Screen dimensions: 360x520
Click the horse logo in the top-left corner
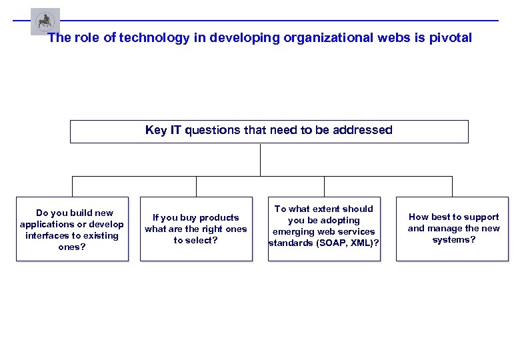[45, 21]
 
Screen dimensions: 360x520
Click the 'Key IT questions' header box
[269, 131]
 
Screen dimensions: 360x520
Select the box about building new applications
[72, 229]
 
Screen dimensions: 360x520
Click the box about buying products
[196, 229]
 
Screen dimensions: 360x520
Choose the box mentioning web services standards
[324, 229]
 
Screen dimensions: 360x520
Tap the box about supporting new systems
[453, 229]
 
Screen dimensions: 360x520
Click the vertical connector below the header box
[261, 159]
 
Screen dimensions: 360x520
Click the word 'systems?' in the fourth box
[453, 240]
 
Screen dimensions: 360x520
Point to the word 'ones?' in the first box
[72, 247]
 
